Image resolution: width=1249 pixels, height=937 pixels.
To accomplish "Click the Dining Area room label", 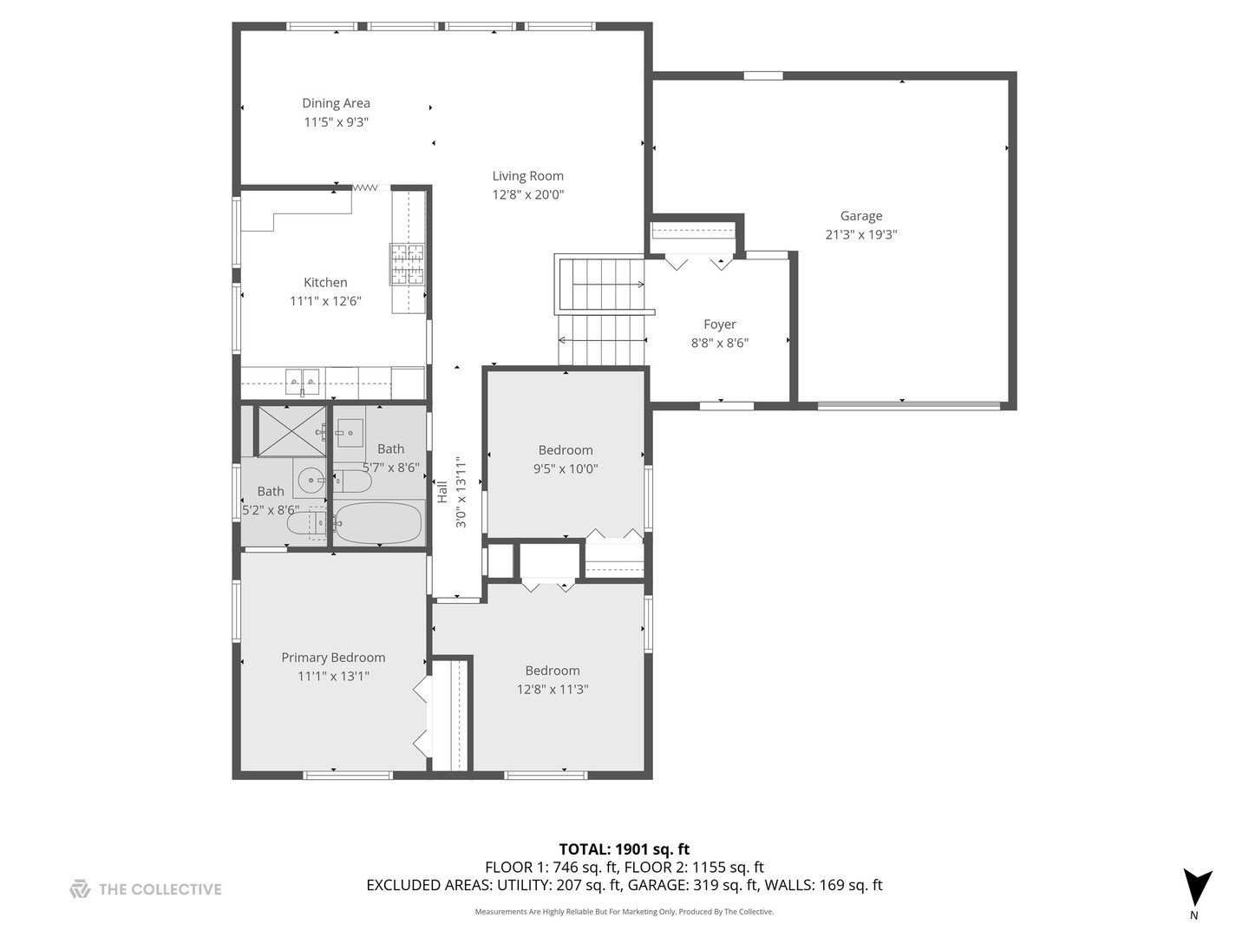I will tap(336, 103).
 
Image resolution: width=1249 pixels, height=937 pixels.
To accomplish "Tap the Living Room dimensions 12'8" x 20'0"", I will tap(527, 195).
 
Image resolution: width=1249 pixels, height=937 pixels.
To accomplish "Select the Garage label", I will tap(860, 216).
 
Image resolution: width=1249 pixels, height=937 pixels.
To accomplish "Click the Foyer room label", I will tap(719, 324).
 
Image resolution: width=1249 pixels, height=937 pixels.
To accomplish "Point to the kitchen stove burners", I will tap(407, 264).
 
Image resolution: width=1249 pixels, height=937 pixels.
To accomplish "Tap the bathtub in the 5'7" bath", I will tap(379, 522).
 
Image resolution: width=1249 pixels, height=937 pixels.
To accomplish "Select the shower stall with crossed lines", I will tap(291, 430).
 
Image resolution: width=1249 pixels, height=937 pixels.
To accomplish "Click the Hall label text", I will tap(442, 491).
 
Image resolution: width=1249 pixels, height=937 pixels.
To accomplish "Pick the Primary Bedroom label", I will tap(333, 658).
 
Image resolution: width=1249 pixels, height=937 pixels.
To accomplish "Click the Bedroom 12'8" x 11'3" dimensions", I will tap(552, 690).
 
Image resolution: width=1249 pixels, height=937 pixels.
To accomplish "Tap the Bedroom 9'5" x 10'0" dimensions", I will tap(566, 469).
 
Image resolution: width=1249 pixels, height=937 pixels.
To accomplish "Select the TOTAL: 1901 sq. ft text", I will tap(624, 849).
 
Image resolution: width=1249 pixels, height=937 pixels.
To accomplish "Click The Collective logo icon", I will tap(80, 888).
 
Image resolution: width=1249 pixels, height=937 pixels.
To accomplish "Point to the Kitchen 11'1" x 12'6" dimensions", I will tap(325, 301).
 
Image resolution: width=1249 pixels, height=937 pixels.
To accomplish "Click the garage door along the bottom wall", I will tap(908, 405).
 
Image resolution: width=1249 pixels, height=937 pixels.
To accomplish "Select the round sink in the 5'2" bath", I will tap(310, 479).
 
